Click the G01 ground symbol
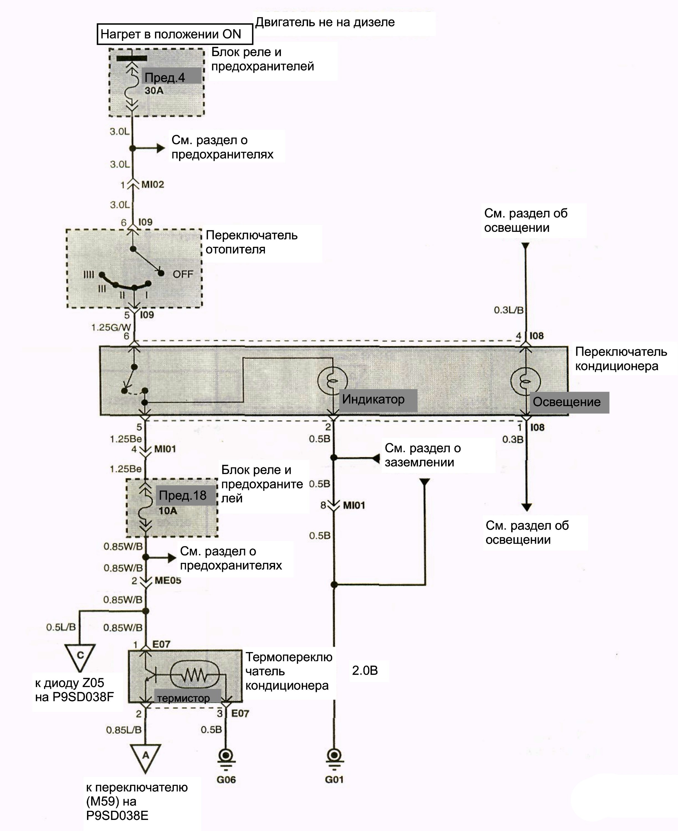coord(334,757)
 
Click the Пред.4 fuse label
coord(165,78)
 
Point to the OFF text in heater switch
coord(183,274)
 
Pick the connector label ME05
coord(168,580)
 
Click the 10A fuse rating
coord(168,511)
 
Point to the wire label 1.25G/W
coord(111,327)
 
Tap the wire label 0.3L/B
coord(508,310)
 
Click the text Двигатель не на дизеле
coord(325,22)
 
